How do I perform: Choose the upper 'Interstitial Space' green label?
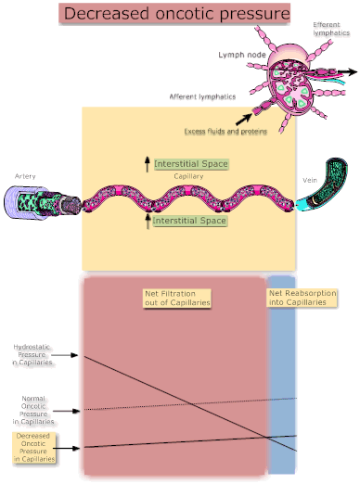(x=190, y=164)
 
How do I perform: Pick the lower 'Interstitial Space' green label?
(x=189, y=222)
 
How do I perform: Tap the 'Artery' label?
(x=26, y=175)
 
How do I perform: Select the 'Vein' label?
(x=310, y=180)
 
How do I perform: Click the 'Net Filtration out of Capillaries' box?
(x=177, y=298)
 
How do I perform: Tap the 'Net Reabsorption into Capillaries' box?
(x=302, y=298)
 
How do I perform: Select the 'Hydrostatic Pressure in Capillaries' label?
(x=32, y=354)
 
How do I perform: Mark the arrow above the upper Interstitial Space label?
(x=147, y=164)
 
